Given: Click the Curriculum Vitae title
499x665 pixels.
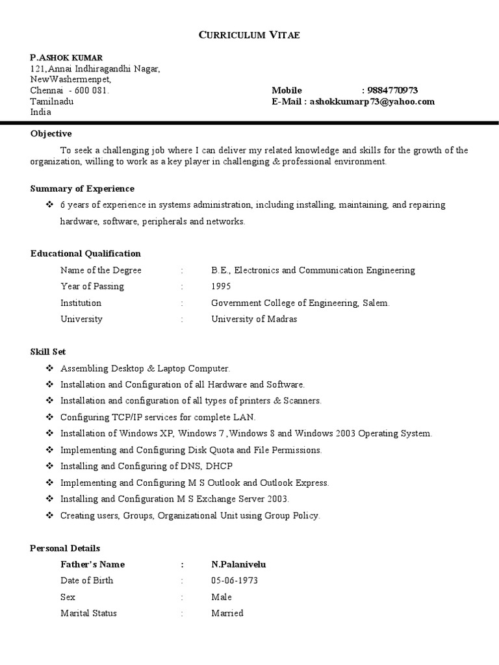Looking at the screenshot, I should pyautogui.click(x=249, y=35).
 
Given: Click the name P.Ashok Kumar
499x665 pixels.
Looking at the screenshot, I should pyautogui.click(x=66, y=58).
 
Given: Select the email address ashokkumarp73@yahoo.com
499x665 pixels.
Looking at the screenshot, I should pyautogui.click(x=372, y=101).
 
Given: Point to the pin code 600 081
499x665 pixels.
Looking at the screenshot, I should pyautogui.click(x=92, y=90).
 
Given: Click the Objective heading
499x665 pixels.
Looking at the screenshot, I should pyautogui.click(x=51, y=134).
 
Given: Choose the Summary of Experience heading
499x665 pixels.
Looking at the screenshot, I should pyautogui.click(x=83, y=188).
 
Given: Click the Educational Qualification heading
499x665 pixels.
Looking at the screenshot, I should pyautogui.click(x=85, y=253).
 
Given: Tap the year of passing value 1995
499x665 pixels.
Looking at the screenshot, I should pyautogui.click(x=220, y=286).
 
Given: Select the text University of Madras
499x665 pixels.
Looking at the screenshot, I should pyautogui.click(x=254, y=319).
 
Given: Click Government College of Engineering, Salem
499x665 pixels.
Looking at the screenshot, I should pyautogui.click(x=300, y=303).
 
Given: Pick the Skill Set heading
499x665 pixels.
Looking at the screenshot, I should pyautogui.click(x=48, y=351).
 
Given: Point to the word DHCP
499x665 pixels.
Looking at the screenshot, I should pyautogui.click(x=219, y=466).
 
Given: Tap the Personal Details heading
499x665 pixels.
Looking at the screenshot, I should pyautogui.click(x=65, y=548).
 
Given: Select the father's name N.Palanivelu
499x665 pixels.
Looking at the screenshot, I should pyautogui.click(x=238, y=564).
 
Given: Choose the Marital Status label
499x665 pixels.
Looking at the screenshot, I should pyautogui.click(x=88, y=613).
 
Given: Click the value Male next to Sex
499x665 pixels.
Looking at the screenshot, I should pyautogui.click(x=222, y=597).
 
